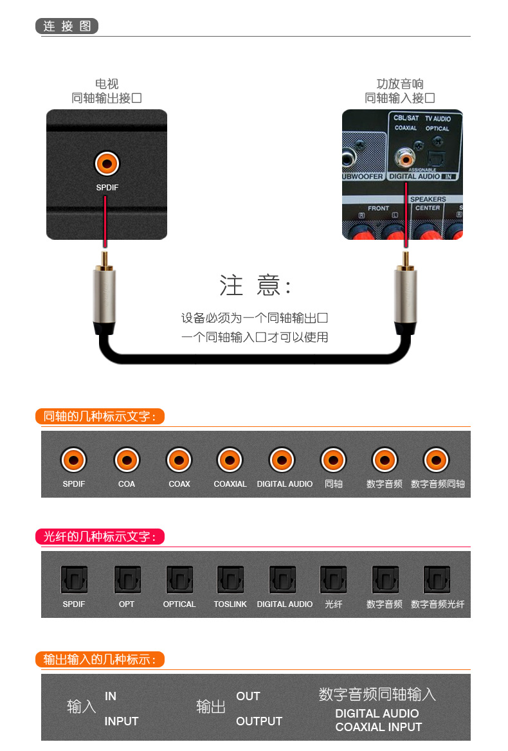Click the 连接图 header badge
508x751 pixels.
[67, 26]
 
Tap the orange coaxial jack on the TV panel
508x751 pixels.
[106, 163]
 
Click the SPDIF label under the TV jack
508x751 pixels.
[107, 188]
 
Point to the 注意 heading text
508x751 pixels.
[255, 285]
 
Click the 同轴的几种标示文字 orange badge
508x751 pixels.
[100, 416]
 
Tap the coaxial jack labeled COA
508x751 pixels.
[127, 460]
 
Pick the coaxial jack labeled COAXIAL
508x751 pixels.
[230, 460]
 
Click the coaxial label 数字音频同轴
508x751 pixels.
[437, 484]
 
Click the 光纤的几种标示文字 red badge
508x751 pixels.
[100, 536]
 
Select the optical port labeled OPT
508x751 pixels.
[127, 579]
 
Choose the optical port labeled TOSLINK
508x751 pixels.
[230, 579]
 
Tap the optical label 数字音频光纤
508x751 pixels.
[437, 604]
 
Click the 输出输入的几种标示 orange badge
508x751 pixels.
[100, 659]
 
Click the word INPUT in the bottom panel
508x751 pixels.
[122, 721]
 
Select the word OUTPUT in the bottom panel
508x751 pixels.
[259, 721]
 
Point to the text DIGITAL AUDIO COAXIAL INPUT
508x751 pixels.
[378, 720]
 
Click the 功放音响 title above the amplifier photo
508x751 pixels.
[400, 84]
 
